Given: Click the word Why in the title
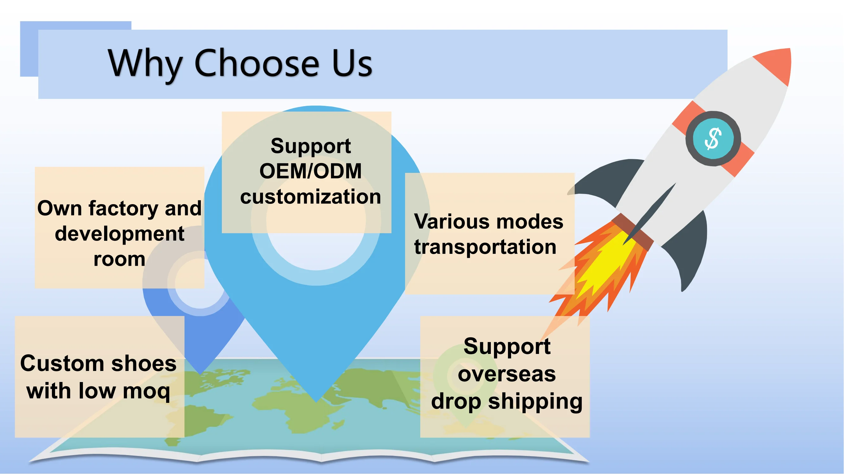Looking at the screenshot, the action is [x=145, y=63].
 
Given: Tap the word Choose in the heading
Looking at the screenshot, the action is [x=257, y=63].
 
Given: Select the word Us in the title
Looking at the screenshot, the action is [x=352, y=63].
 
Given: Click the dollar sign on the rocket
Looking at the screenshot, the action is [x=713, y=138].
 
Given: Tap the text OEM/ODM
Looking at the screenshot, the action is [x=310, y=171].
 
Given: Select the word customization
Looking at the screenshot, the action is [x=310, y=197].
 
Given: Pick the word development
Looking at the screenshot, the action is [x=120, y=234].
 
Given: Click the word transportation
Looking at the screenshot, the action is [x=485, y=247].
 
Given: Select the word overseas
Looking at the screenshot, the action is [x=507, y=374].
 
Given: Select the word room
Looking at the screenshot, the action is [x=119, y=259].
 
